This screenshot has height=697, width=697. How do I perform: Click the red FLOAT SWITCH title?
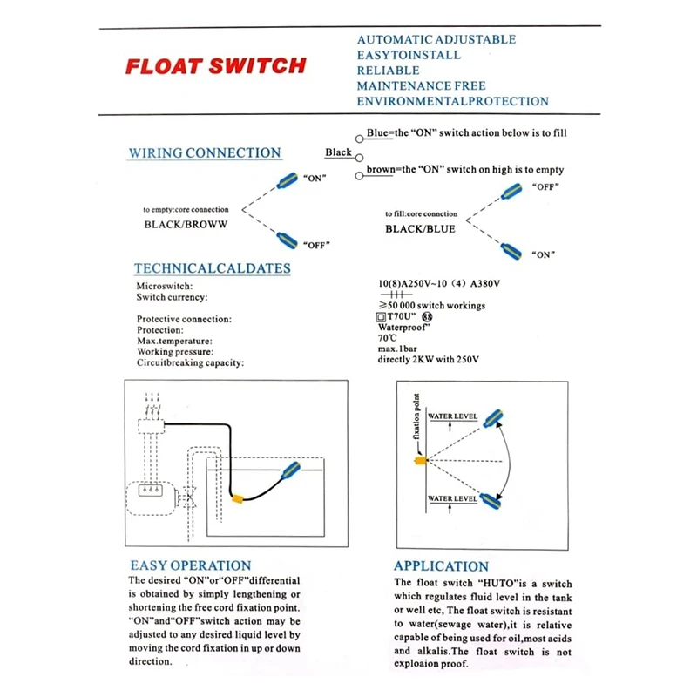point(215,66)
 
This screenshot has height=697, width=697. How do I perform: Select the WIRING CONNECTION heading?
point(205,153)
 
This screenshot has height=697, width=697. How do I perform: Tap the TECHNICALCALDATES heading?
point(213,268)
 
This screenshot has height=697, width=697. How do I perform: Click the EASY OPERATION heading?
point(190,565)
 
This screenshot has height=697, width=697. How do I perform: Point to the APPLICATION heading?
point(441,565)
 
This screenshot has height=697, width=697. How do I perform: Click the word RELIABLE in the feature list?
point(389,71)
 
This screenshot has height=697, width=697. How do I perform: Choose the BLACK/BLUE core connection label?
point(421,229)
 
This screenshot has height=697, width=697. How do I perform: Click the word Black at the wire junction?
point(339,152)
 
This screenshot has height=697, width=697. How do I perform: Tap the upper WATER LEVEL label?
point(452,418)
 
